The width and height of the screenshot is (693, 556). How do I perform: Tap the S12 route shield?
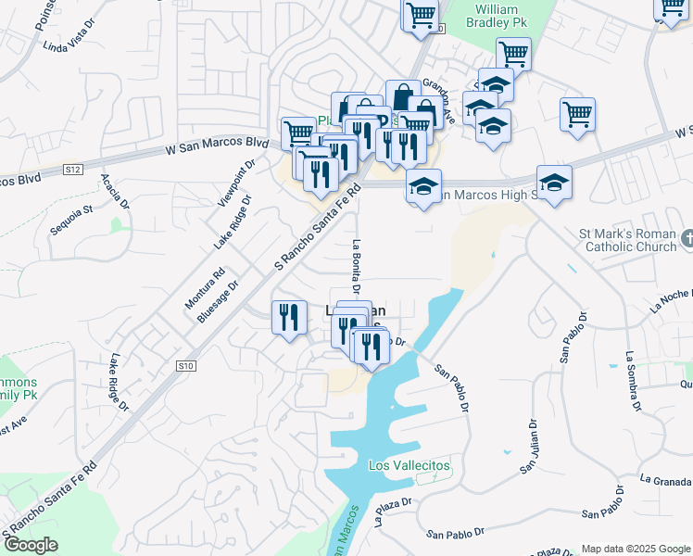74,170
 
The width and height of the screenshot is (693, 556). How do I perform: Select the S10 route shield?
186,367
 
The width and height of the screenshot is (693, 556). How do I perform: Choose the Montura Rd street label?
206,288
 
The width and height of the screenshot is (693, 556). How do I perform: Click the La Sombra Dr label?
632,380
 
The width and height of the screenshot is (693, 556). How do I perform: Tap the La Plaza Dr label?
393,512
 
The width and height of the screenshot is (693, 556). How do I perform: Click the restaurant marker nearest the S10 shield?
288,318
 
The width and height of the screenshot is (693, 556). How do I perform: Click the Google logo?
30,545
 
